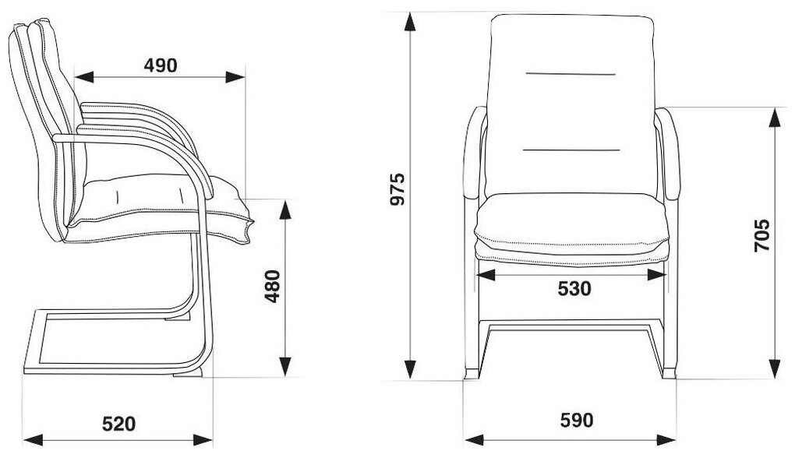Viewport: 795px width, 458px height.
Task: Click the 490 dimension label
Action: point(160,65)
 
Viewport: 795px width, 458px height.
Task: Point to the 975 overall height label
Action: point(398,189)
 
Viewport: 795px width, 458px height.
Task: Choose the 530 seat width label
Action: point(574,289)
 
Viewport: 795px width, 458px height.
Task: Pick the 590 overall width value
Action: point(576,421)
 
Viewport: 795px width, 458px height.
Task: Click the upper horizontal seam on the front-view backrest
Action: point(572,74)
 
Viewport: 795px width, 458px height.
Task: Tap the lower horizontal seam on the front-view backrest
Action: point(572,148)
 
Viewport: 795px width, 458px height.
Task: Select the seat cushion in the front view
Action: point(572,226)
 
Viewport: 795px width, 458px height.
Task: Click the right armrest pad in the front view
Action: point(667,156)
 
